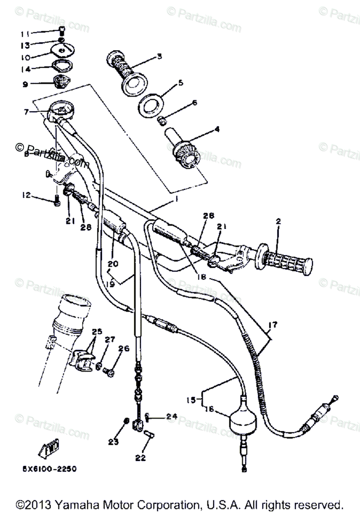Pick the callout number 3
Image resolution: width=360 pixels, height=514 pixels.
tap(159, 56)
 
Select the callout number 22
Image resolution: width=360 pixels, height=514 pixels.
tap(141, 458)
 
